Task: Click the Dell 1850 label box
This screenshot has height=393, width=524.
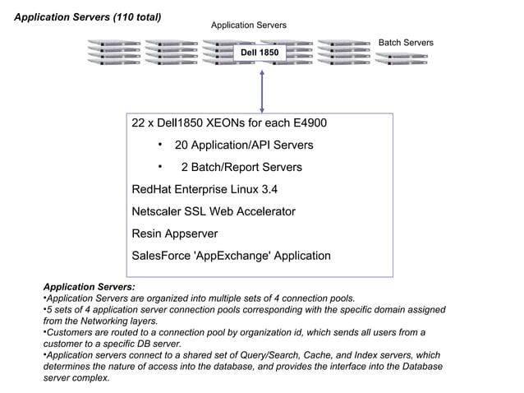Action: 259,53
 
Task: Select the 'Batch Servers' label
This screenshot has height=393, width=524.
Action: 405,42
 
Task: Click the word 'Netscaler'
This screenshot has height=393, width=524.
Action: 160,211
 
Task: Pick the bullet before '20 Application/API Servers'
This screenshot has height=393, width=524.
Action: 159,146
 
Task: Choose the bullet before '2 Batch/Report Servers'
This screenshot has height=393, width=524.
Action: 159,167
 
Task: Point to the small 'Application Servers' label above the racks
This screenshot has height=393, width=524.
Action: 248,25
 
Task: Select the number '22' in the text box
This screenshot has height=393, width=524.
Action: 139,123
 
